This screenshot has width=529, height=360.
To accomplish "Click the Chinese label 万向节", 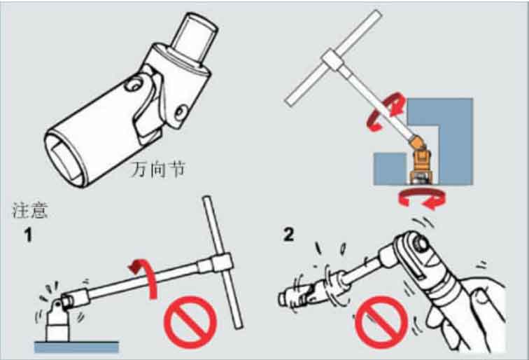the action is [x=158, y=169].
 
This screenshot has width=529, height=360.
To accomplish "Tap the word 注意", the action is [x=29, y=210].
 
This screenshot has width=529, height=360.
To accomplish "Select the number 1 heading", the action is [x=29, y=235].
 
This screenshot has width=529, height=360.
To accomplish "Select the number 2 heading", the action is [x=289, y=235].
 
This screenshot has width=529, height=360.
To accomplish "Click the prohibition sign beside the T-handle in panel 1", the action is [x=190, y=322].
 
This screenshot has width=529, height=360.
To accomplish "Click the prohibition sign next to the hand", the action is [x=381, y=322].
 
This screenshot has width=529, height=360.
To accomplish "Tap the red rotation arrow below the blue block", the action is [x=422, y=199].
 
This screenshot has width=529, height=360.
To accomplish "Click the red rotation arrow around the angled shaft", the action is [x=386, y=111].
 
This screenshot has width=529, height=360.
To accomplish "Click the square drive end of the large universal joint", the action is [x=195, y=36].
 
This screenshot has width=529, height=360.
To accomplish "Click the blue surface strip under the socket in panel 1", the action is [x=76, y=347].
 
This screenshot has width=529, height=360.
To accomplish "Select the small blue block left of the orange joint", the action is [x=390, y=169].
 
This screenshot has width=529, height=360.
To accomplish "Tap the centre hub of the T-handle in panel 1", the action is [x=221, y=263].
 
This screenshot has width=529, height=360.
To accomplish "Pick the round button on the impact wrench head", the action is [x=421, y=244].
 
